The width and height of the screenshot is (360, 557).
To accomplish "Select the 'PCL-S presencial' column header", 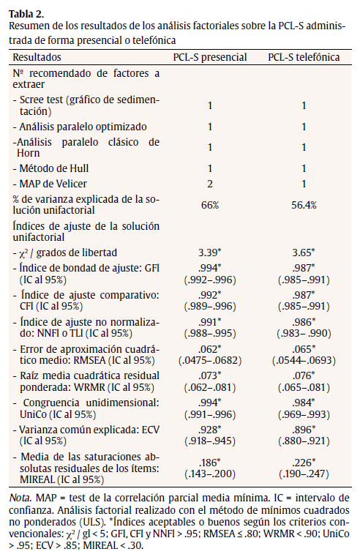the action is pos(209,57).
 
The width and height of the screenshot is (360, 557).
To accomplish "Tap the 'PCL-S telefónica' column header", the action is pos(302,57).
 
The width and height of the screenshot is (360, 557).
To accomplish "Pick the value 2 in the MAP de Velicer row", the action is pos(209,182).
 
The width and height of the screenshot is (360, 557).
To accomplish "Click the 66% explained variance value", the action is pos(209,206).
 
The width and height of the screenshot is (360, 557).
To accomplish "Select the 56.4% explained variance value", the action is pos(302,206).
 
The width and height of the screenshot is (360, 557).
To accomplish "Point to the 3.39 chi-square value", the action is pos(209,253).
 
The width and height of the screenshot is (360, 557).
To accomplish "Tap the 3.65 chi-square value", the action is pos(301,253).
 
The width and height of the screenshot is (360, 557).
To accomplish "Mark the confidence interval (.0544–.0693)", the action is pos(302,362).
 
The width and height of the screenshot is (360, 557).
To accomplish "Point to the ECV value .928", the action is pos(209,430).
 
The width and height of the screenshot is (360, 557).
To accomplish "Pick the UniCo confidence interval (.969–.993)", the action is pos(302,414).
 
